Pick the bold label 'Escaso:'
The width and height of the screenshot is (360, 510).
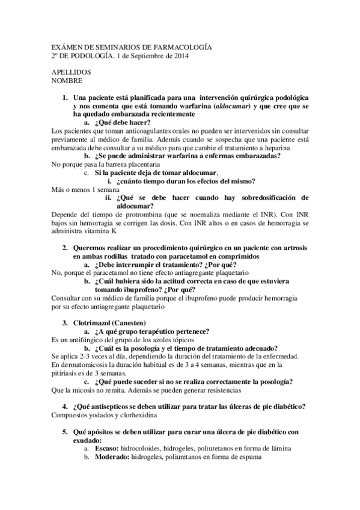coord(107,449)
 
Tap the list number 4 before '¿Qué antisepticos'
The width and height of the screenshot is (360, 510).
coord(66,407)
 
